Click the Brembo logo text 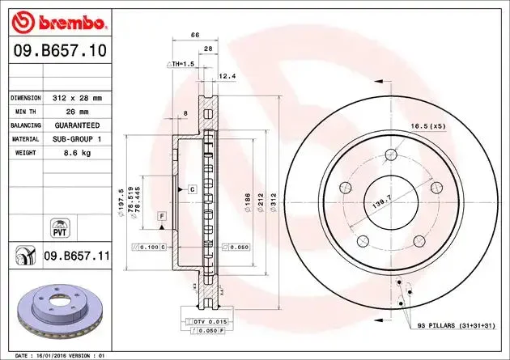coord(71,23)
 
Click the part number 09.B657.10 coord(60,51)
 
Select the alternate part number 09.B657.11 coord(77,256)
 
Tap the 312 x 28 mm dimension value coord(77,98)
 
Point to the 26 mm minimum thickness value coord(77,112)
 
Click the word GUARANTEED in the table coord(77,125)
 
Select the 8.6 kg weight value coord(77,153)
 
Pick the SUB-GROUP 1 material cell coord(77,139)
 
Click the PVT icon coord(60,228)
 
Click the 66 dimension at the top coord(195,35)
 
